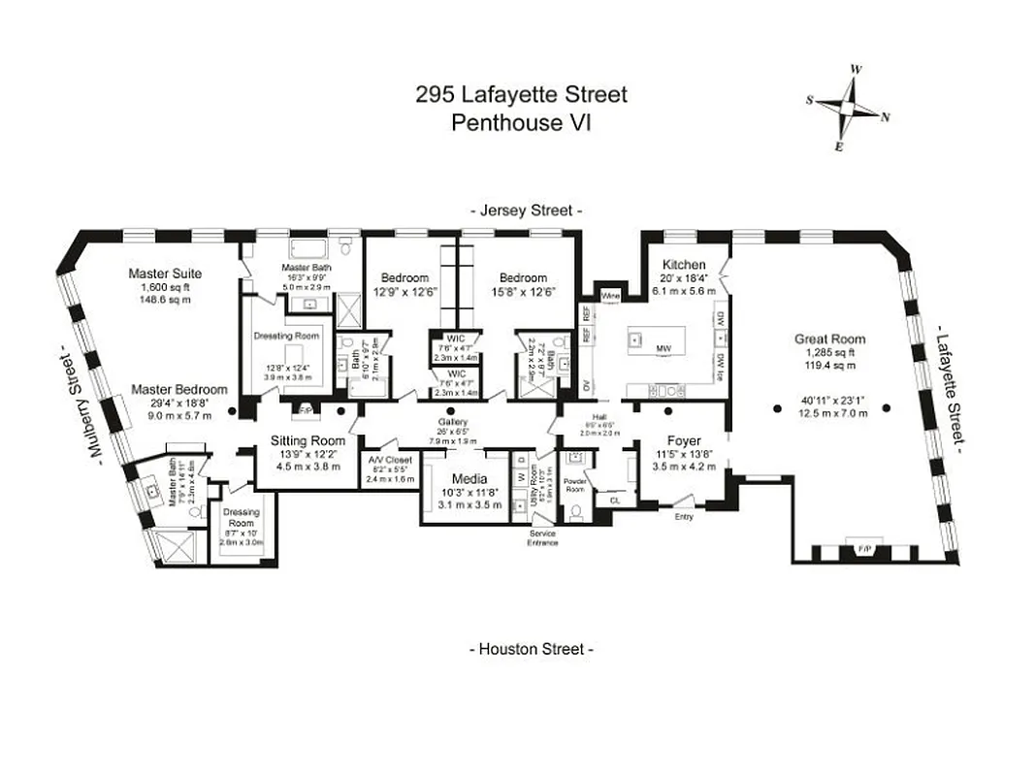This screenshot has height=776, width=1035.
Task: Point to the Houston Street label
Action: [x=531, y=649]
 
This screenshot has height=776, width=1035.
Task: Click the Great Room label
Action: [x=829, y=339]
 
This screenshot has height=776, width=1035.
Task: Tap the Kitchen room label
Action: [x=683, y=265]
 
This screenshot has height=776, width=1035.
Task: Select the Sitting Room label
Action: [x=307, y=439]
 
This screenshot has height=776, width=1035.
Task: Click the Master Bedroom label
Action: [x=180, y=389]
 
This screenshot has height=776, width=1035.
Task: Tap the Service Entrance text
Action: [x=543, y=538]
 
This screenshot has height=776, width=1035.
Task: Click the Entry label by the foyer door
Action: [x=684, y=517]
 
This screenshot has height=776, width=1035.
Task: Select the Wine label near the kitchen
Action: [x=610, y=295]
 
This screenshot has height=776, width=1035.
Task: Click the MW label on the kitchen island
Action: [x=663, y=347]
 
